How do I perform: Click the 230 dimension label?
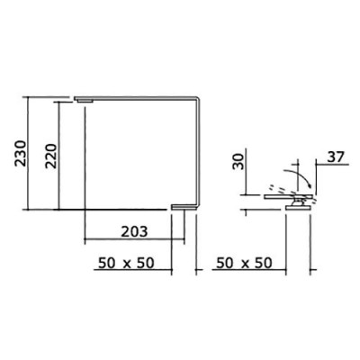click(22, 153)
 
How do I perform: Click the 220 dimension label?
click(50, 156)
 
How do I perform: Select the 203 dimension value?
click(134, 231)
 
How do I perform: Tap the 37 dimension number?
click(336, 157)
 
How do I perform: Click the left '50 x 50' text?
click(126, 263)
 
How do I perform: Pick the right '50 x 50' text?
click(244, 263)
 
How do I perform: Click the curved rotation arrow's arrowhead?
click(310, 185)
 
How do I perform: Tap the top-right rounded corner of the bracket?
click(197, 99)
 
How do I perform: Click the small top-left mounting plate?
click(84, 100)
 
